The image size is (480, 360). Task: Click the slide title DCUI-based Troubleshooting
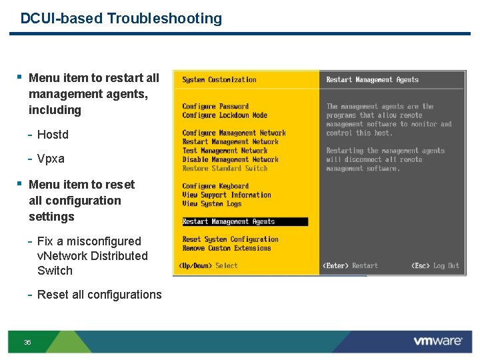coord(121,19)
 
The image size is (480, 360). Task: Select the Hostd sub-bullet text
coord(53,135)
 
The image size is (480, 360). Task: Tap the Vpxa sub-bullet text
coord(51,159)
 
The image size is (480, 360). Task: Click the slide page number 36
coord(27,342)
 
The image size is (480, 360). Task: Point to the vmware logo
coord(437,341)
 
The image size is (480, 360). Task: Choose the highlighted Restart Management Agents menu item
coord(229,221)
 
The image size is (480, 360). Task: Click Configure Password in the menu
coord(215,107)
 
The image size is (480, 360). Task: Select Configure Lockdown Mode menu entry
coord(225,115)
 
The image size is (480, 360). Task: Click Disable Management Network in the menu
coord(230,159)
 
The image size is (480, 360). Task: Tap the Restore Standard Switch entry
coord(225,168)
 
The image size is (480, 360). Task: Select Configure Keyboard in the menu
coord(215,186)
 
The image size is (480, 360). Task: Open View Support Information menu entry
coord(227,195)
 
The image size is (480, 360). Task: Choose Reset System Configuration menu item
coord(230,239)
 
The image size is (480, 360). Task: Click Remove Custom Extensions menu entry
coord(227,248)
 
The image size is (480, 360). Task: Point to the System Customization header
coord(219,80)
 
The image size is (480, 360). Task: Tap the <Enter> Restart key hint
coord(350,266)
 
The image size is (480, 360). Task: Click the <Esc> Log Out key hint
coord(435,266)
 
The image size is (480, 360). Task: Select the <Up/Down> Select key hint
coord(208,266)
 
